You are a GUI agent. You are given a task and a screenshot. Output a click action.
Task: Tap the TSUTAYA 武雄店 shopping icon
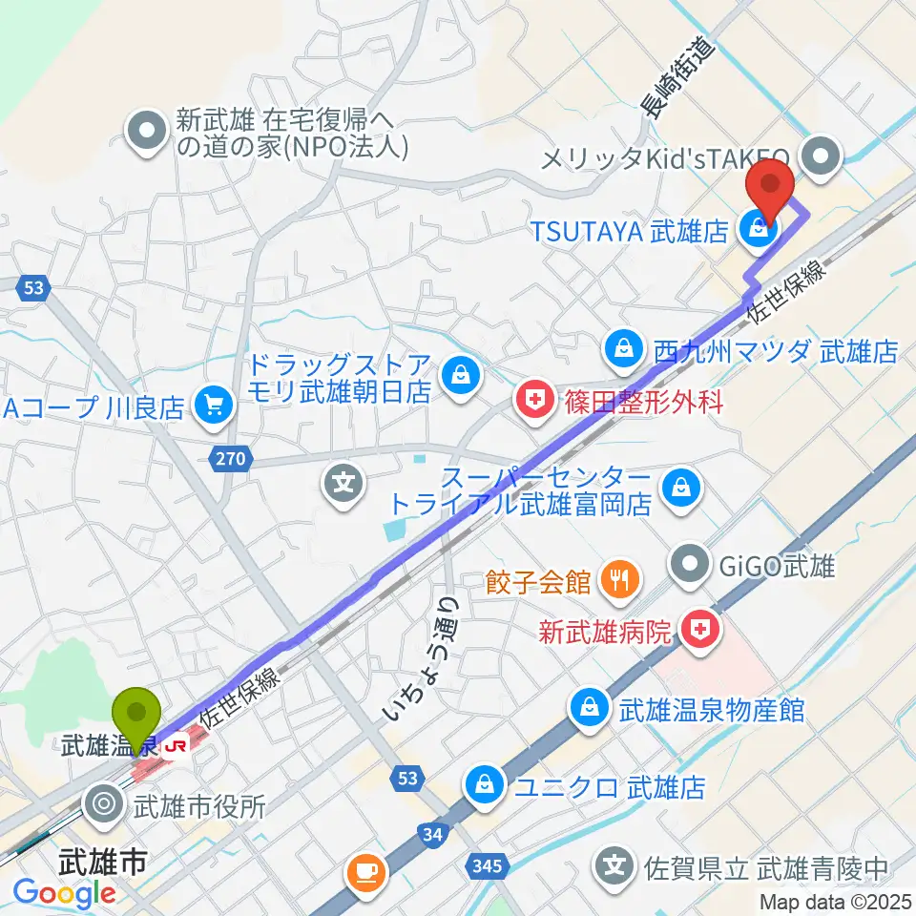click(758, 229)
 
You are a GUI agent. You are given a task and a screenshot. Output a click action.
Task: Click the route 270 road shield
click(230, 460)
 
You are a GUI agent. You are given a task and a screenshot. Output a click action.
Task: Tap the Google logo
click(64, 894)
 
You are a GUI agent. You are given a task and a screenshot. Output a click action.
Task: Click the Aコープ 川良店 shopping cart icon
click(212, 408)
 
